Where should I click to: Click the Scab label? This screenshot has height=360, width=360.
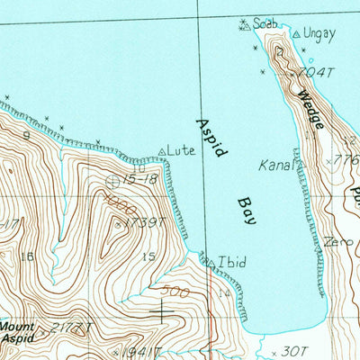click(265, 22)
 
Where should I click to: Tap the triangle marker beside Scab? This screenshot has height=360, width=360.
click(244, 25)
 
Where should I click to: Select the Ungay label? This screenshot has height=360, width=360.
click(319, 35)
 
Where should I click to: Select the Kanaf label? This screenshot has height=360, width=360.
click(275, 166)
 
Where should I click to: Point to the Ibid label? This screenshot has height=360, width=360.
click(231, 263)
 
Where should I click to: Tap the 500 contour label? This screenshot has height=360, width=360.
click(175, 292)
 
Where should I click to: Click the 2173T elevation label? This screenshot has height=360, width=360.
click(72, 328)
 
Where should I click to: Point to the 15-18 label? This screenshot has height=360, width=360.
click(141, 180)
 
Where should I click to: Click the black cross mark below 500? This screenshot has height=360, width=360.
click(163, 312)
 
